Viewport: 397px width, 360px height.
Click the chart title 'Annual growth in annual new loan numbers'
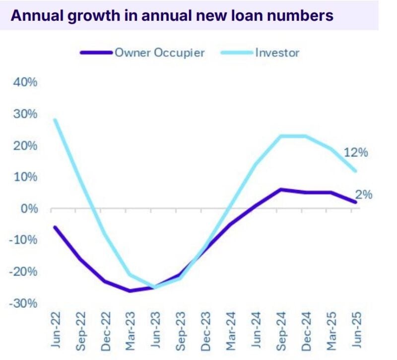[x=172, y=15]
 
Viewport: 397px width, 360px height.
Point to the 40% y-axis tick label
[x=25, y=82]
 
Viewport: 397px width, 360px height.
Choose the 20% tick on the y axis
[x=25, y=145]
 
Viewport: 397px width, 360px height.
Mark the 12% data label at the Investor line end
[x=355, y=152]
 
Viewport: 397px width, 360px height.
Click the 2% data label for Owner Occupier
[x=363, y=195]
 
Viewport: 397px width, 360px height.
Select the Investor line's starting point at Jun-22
[x=55, y=120]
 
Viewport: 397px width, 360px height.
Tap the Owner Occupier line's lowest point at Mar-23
[x=130, y=290]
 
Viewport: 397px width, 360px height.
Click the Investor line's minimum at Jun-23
[x=155, y=287]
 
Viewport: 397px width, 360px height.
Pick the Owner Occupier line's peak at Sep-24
[x=280, y=189]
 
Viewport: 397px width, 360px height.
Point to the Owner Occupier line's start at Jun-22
[x=55, y=227]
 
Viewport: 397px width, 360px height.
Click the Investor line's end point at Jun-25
[x=355, y=171]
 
